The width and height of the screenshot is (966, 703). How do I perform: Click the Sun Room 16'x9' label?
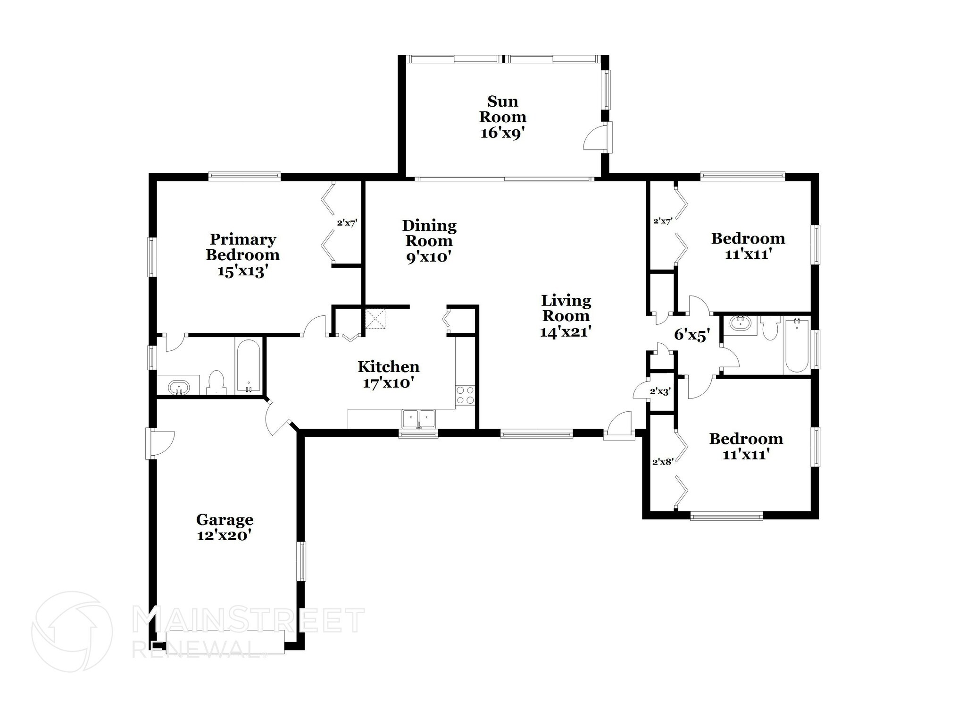pyautogui.click(x=503, y=117)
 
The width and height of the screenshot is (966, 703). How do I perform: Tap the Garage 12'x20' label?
pyautogui.click(x=225, y=527)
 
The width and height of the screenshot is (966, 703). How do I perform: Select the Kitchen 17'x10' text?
pyautogui.click(x=388, y=374)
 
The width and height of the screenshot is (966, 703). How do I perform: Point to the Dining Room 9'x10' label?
pyautogui.click(x=429, y=241)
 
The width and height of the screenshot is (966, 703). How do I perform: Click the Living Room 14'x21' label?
pyautogui.click(x=566, y=316)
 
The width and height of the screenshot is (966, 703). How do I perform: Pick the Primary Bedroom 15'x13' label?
pyautogui.click(x=242, y=255)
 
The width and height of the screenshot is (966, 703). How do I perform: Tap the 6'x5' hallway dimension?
pyautogui.click(x=692, y=335)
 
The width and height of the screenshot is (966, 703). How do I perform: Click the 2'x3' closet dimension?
pyautogui.click(x=660, y=391)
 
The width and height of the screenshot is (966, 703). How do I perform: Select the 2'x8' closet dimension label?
pyautogui.click(x=662, y=462)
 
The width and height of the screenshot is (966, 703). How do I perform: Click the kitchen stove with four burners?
pyautogui.click(x=465, y=395)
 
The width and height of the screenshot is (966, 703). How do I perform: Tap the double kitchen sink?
pyautogui.click(x=418, y=418)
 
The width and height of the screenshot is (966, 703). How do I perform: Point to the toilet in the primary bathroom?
pyautogui.click(x=217, y=382)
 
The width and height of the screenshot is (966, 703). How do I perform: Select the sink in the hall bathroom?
pyautogui.click(x=739, y=323)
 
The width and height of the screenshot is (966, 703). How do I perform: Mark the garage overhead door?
pyautogui.click(x=225, y=642)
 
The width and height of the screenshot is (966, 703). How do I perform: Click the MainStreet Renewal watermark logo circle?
pyautogui.click(x=72, y=631)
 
